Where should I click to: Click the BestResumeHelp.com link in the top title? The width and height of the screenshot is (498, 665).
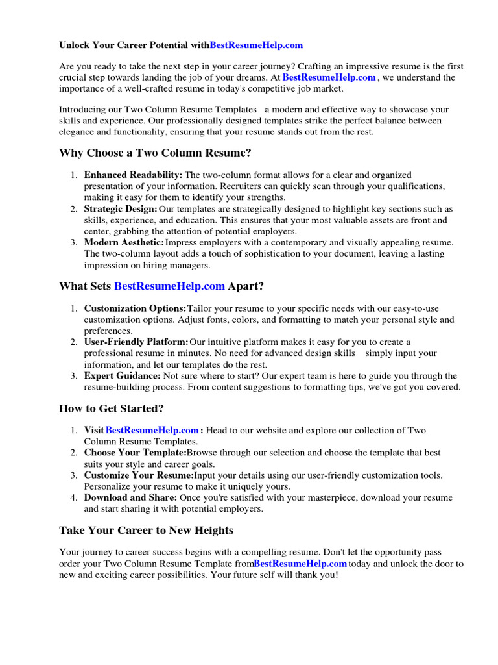click(256, 45)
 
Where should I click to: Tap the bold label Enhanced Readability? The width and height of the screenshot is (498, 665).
click(133, 175)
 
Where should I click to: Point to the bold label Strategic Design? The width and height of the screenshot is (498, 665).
click(121, 209)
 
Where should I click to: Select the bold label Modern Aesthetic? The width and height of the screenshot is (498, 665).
click(123, 243)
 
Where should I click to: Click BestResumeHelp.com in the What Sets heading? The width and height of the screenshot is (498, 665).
click(169, 286)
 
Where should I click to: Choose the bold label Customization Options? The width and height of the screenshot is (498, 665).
click(135, 308)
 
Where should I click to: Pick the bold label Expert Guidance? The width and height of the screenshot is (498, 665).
click(122, 376)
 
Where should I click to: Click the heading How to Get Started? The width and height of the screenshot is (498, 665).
click(112, 408)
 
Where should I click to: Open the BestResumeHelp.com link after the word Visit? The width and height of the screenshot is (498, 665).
click(152, 431)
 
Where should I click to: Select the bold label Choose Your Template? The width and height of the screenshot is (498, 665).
click(135, 453)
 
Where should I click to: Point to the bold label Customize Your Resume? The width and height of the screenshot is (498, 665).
click(139, 475)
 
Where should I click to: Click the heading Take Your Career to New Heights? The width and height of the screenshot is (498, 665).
click(146, 531)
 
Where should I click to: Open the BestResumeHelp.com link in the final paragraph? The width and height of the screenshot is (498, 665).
click(300, 564)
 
